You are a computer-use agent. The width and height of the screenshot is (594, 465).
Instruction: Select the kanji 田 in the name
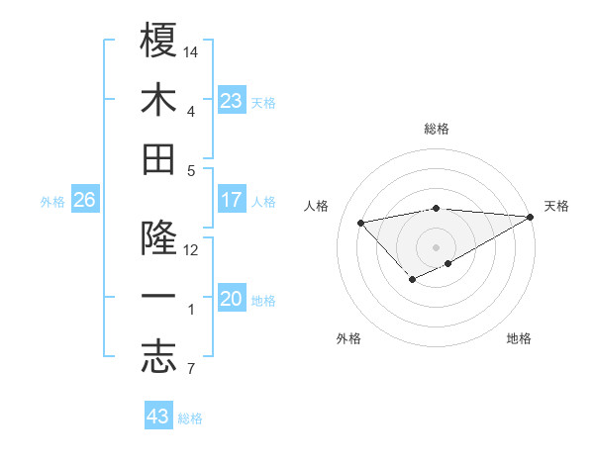pyautogui.click(x=158, y=159)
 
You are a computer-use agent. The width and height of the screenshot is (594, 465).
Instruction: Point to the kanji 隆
pyautogui.click(x=158, y=238)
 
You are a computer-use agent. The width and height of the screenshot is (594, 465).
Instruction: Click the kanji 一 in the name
pyautogui.click(x=158, y=299)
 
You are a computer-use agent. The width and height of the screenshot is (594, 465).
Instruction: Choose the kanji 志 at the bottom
pyautogui.click(x=158, y=358)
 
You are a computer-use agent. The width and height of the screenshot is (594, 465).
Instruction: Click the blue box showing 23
pyautogui.click(x=232, y=100)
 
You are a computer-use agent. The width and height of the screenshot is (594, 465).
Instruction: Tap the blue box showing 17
pyautogui.click(x=232, y=200)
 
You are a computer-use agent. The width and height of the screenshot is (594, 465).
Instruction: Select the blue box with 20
pyautogui.click(x=232, y=299)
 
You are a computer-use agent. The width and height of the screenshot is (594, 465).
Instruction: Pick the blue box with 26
pyautogui.click(x=84, y=200)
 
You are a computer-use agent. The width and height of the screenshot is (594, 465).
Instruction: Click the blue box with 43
pyautogui.click(x=158, y=417)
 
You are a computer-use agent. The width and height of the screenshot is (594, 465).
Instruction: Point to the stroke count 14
pyautogui.click(x=192, y=50)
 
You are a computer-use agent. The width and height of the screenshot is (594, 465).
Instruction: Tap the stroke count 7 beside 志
pyautogui.click(x=190, y=370)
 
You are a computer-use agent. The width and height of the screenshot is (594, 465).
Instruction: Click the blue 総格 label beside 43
pyautogui.click(x=190, y=418)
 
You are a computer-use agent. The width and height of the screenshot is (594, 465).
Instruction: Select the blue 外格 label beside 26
pyautogui.click(x=52, y=202)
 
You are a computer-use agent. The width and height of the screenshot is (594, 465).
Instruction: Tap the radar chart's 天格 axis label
pyautogui.click(x=556, y=206)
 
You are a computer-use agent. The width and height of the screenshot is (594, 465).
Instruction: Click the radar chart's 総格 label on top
pyautogui.click(x=437, y=129)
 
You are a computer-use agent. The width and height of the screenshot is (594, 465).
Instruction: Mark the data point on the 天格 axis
pyautogui.click(x=531, y=217)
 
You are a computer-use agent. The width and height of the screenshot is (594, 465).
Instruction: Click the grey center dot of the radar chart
pyautogui.click(x=436, y=246)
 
